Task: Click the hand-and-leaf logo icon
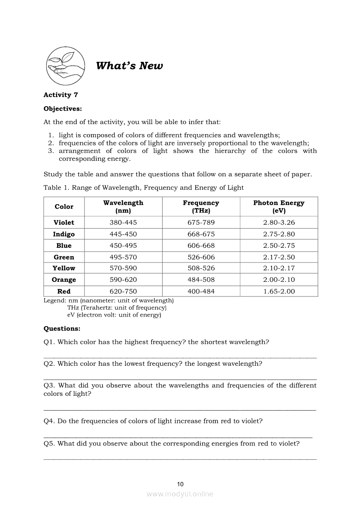tap(66, 66)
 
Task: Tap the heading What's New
tap(129, 66)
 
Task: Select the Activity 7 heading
tap(61, 95)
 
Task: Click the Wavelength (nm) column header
tap(123, 207)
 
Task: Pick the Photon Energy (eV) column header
tap(279, 207)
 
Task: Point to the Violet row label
tap(64, 222)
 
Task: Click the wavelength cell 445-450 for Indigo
tap(123, 234)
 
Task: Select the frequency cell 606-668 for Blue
tap(201, 246)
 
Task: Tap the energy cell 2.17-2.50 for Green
tap(279, 257)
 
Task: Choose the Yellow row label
tap(64, 268)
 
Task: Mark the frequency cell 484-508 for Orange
tap(201, 280)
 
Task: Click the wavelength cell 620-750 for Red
tap(123, 291)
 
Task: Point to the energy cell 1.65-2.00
tap(279, 291)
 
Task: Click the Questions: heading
tap(62, 329)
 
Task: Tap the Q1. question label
tap(49, 342)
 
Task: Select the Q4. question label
tap(49, 421)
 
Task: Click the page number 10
tap(180, 484)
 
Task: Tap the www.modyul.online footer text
tap(180, 494)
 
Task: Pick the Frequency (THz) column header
tap(201, 207)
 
